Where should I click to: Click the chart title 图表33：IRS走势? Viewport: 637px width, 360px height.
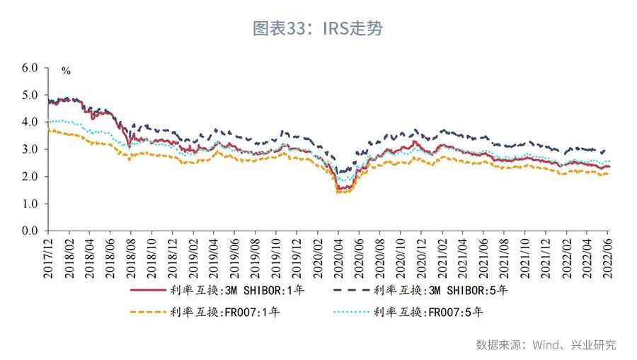click(x=318, y=28)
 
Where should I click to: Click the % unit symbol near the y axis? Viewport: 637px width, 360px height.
click(x=66, y=71)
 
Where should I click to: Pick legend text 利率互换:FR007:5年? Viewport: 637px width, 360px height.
click(x=427, y=311)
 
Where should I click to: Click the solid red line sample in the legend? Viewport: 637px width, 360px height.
click(x=148, y=289)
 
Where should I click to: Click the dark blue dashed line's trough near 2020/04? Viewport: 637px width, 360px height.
click(x=340, y=172)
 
